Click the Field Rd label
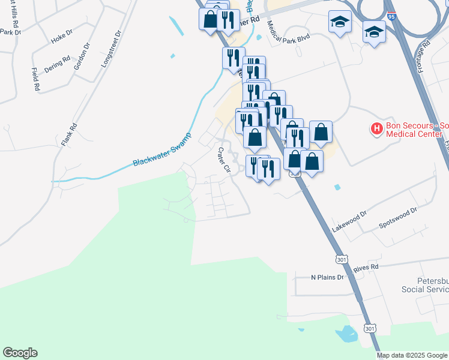(36, 79)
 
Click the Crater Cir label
(224, 160)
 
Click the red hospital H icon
(376, 128)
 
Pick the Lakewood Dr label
(349, 223)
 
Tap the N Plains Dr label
(327, 277)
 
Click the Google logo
(20, 353)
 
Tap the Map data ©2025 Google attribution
(412, 355)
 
